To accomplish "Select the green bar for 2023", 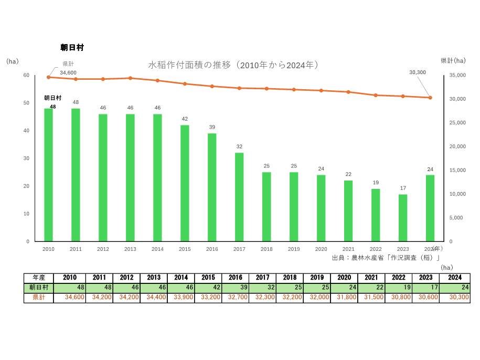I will coord(403,218).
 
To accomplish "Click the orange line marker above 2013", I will coord(130,78).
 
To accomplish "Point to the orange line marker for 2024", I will coord(430,98).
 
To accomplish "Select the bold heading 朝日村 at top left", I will coord(72,47).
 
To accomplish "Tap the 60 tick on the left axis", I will coord(26,75).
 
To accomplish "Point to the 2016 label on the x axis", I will coord(212,249).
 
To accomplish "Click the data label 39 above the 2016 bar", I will coord(212,128).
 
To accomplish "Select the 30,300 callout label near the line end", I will coord(417,72).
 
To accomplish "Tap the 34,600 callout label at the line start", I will coord(68,72).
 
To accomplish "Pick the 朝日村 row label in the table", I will coord(38,288).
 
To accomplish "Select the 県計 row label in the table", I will coord(38,298).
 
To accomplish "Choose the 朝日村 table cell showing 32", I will coord(263,288).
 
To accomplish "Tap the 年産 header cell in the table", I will coord(38,278).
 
